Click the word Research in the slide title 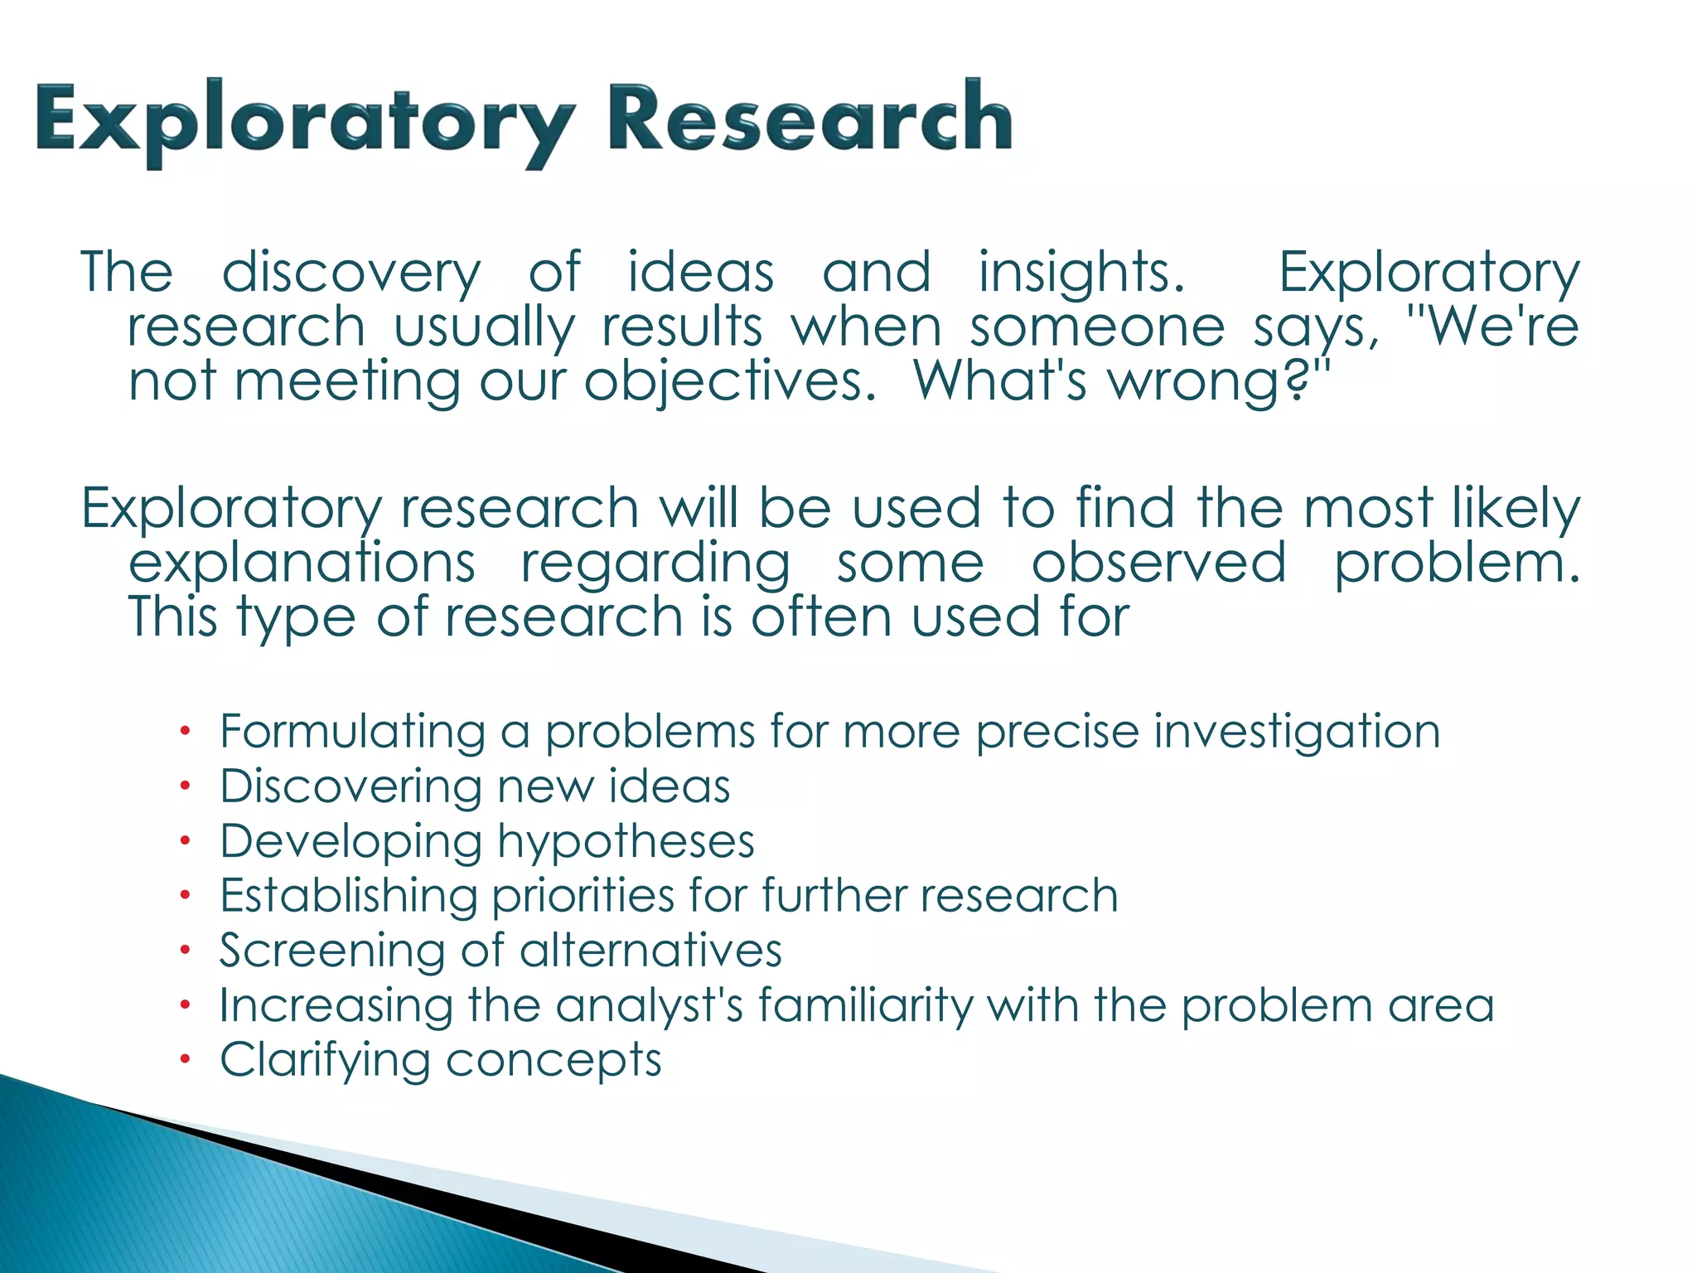(x=810, y=120)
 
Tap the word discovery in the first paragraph (x=351, y=273)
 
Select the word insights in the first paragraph (x=1081, y=273)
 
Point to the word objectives (x=729, y=383)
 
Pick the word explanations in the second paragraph (x=302, y=564)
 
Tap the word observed (x=1159, y=564)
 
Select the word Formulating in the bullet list (x=352, y=733)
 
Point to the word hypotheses (x=626, y=842)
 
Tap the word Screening (x=332, y=951)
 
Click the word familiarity (x=865, y=1006)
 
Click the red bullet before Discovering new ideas (x=186, y=786)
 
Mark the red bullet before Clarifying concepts (x=186, y=1059)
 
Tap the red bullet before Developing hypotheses (x=186, y=840)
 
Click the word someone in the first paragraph (x=1097, y=328)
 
